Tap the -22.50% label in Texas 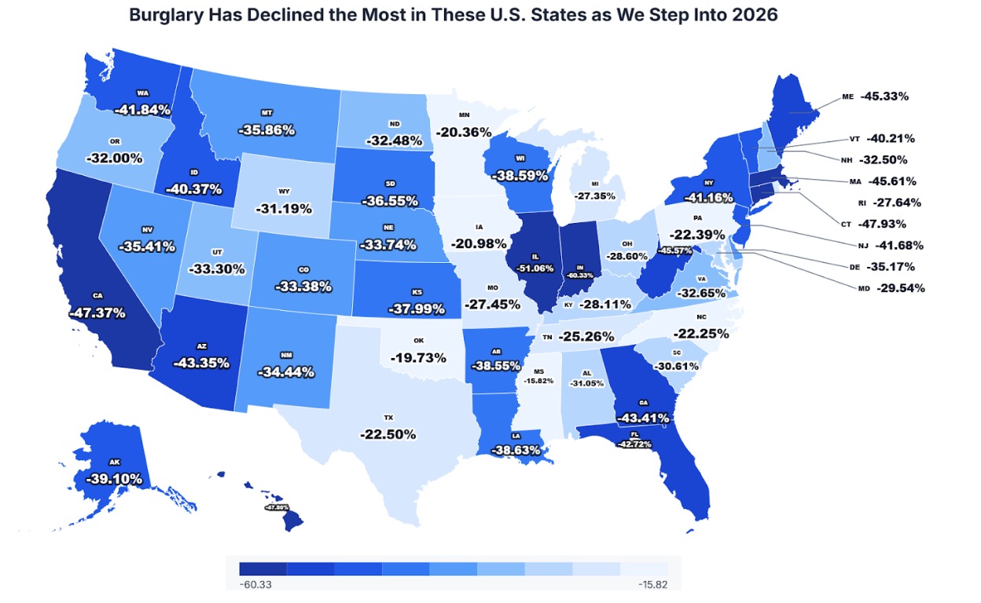388,434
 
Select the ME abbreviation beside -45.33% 847,97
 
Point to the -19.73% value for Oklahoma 418,358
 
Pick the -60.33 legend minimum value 256,584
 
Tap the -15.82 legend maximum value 654,584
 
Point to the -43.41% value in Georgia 641,418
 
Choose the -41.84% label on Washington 142,110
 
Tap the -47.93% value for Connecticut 891,224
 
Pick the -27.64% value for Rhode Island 892,203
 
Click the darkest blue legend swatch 263,568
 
